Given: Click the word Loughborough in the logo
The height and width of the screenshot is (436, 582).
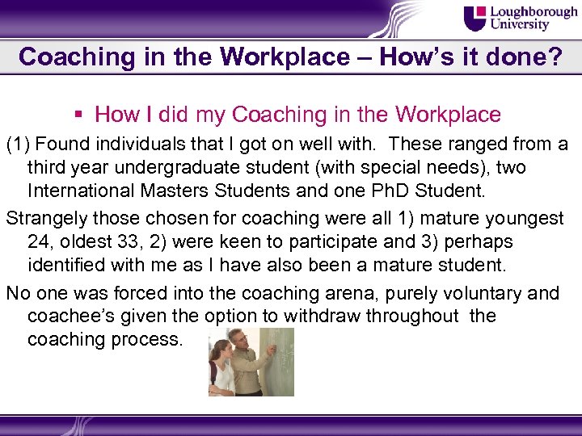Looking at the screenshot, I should point(534,12).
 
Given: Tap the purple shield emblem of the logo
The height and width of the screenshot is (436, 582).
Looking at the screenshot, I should point(476,18).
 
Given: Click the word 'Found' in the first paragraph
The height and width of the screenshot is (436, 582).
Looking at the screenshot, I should point(65,145).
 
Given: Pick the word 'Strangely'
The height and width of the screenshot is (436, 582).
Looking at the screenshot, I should point(46,219).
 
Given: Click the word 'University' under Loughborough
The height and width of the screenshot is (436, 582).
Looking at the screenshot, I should point(521,26).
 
